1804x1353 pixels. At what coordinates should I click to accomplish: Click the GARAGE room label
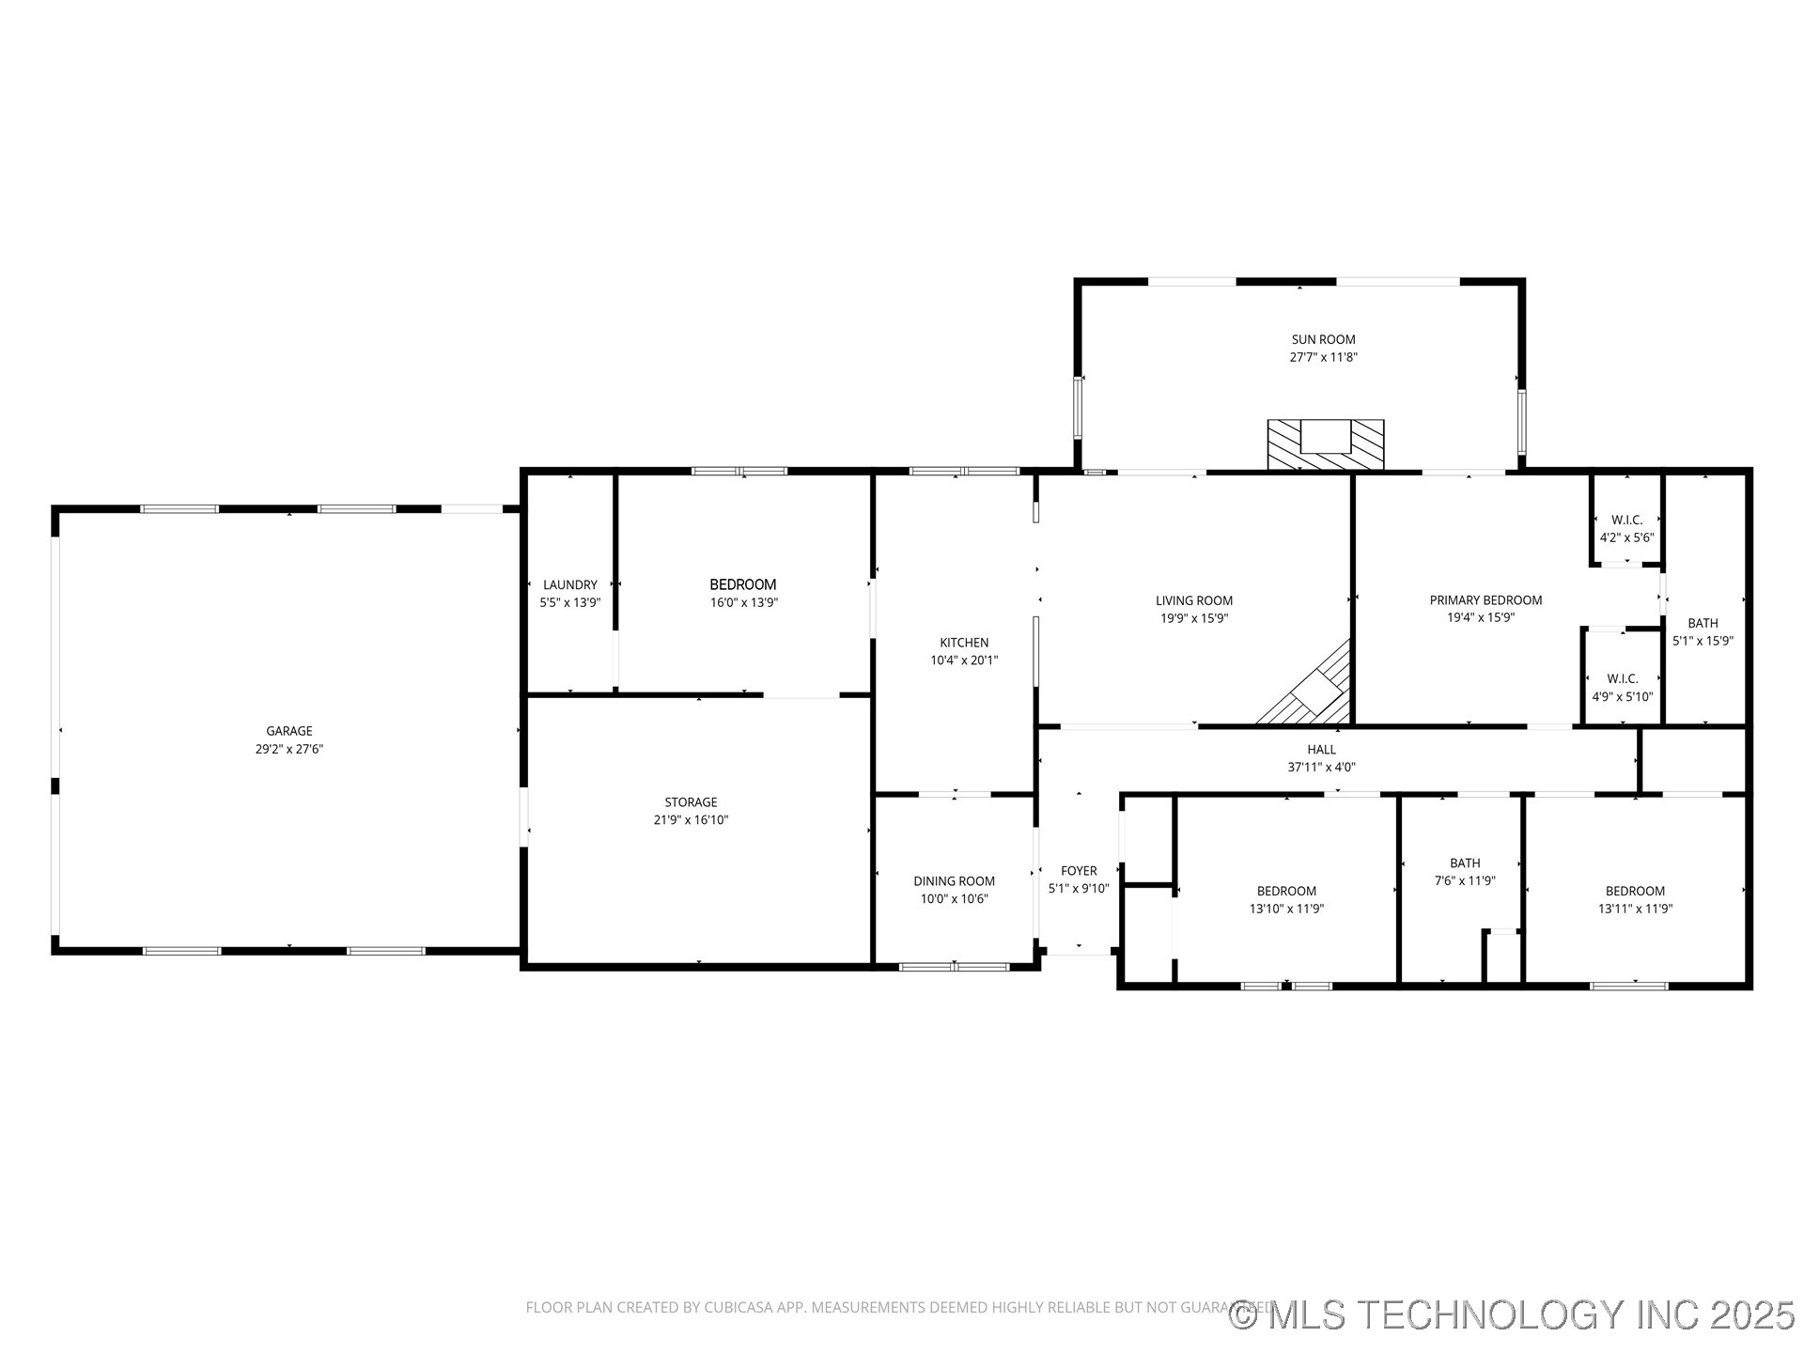pos(288,731)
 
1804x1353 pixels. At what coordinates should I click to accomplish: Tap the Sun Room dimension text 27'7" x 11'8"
pos(1323,357)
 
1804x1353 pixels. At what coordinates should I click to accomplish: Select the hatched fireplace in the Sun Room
pos(1325,444)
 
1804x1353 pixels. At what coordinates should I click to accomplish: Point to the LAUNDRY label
pos(569,584)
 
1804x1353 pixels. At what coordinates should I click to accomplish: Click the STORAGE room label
pos(691,801)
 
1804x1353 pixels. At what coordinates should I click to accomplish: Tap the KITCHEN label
pos(964,643)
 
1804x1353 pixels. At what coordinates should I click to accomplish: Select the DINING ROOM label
pos(954,880)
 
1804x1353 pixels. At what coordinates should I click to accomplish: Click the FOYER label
pos(1079,871)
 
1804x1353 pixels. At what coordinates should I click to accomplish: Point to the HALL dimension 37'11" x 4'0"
pos(1321,767)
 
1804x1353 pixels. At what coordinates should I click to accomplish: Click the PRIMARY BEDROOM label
pos(1485,600)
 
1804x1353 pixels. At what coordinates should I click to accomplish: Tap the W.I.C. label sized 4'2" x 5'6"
pos(1626,520)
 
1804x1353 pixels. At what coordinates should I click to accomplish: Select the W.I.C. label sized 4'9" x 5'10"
pos(1623,678)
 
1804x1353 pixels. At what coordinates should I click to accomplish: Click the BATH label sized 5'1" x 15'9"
pos(1703,623)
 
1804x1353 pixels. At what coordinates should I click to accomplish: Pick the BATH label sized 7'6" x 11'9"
pos(1465,863)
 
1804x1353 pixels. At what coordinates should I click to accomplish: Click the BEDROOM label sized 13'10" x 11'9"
pos(1286,891)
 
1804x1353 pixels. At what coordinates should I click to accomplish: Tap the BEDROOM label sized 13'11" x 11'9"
pos(1635,891)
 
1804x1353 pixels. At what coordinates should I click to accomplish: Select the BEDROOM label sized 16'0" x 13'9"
pos(743,584)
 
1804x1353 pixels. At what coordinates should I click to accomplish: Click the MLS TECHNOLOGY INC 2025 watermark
pos(1513,1314)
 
